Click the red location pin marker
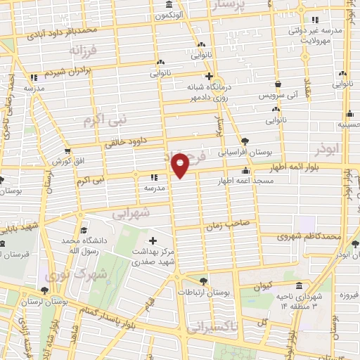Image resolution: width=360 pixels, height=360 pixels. point(181,165)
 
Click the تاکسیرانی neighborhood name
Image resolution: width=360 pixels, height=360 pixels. point(215,326)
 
